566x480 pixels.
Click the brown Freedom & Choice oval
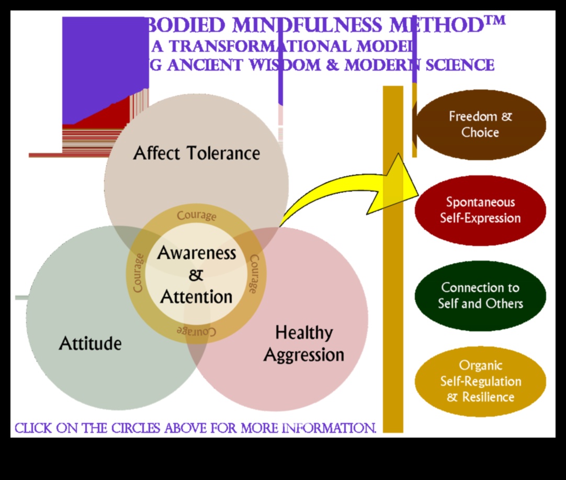coord(480,125)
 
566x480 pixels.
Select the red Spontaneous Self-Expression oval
coord(480,210)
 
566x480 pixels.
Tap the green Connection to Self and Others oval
coord(480,295)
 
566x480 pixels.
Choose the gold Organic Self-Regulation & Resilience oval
coord(480,381)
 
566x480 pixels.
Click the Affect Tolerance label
coord(196,153)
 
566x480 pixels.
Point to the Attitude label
coord(90,343)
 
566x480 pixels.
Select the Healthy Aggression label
coord(304,343)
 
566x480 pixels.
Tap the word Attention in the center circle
coord(196,297)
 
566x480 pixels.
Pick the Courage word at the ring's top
coord(196,216)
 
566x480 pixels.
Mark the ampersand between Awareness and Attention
coord(196,275)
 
